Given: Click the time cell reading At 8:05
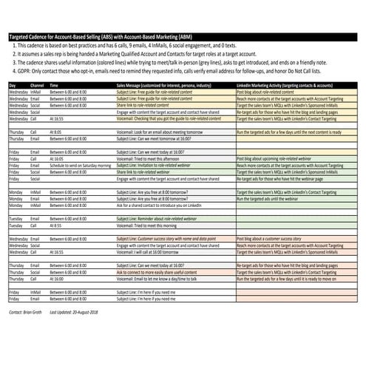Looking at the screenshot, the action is point(55,132).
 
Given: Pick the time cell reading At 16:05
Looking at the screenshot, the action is point(56,158).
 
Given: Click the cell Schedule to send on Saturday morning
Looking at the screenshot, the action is point(82,165).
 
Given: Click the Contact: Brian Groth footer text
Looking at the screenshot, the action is point(27,313).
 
